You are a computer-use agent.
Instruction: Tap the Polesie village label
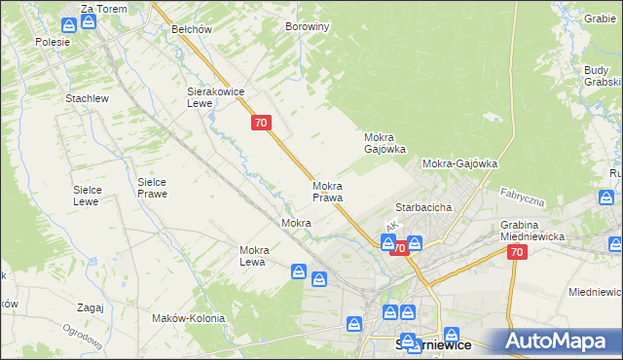point(52,42)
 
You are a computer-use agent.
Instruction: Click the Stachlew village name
point(86,99)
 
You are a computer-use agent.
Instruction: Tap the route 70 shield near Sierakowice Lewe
point(260,123)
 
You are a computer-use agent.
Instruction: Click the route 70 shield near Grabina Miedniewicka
point(516,252)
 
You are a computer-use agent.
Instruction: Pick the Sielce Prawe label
point(153,187)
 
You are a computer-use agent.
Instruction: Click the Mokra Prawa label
point(327,192)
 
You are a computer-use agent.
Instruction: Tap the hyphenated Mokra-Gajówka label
point(459,164)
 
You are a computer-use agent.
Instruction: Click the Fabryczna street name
point(522,198)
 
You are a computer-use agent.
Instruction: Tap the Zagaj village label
point(90,307)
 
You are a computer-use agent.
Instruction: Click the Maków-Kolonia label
point(188,318)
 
